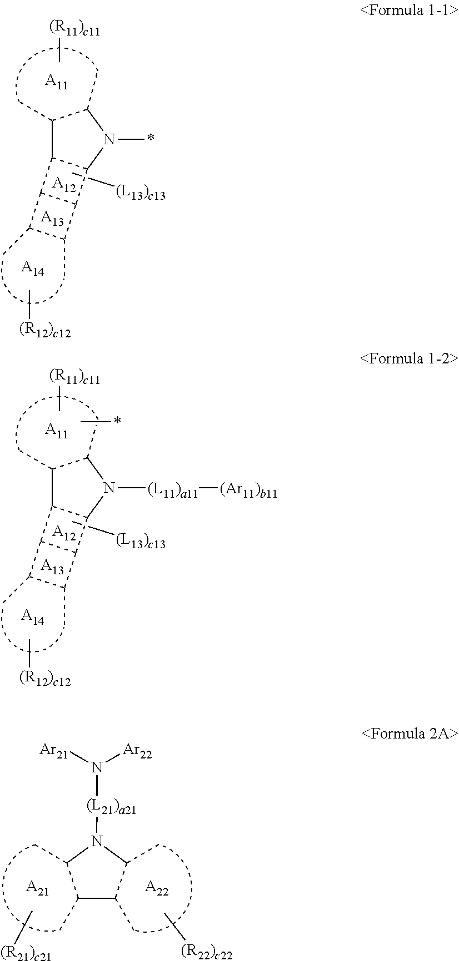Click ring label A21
[x=37, y=888]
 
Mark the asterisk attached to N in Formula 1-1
[x=150, y=139]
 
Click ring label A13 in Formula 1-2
[x=53, y=567]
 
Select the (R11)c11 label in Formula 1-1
[x=74, y=29]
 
